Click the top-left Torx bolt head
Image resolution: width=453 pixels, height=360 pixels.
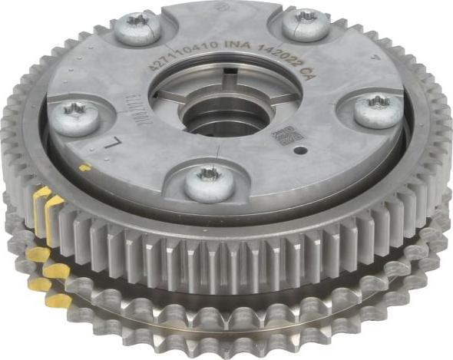[138, 28]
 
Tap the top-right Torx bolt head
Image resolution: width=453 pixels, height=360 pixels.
[306, 24]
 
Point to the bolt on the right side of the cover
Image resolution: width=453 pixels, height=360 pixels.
[377, 109]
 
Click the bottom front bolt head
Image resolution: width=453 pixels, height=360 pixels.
[209, 183]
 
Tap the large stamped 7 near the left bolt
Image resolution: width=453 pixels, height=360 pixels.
[116, 143]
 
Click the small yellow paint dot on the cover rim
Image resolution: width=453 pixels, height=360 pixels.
[84, 167]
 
